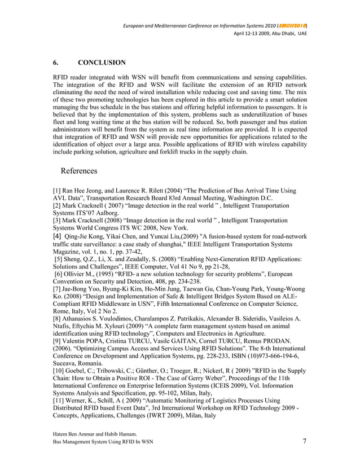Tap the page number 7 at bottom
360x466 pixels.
pyautogui.click(x=305, y=441)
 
